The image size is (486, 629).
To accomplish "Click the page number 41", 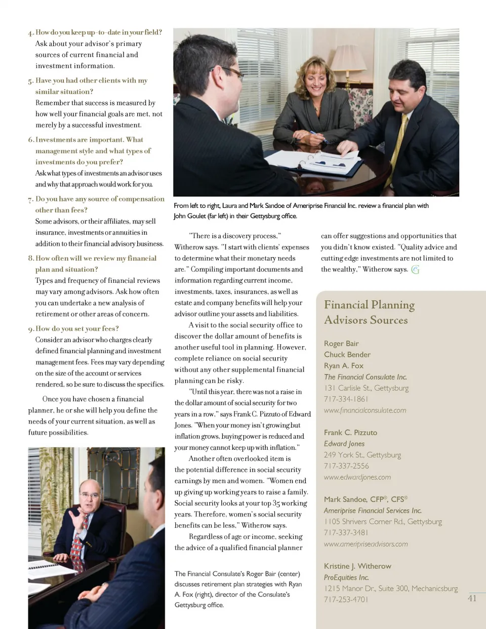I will click(x=472, y=598).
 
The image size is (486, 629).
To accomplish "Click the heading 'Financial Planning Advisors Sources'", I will click(x=369, y=312).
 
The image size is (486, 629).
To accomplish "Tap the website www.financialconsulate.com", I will click(x=365, y=410).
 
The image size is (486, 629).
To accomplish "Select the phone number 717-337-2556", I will click(x=346, y=466).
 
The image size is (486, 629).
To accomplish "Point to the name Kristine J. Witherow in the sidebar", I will click(x=357, y=566).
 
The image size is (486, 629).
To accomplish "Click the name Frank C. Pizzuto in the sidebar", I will click(x=350, y=433).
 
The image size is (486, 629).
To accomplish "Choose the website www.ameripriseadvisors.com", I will click(x=366, y=544).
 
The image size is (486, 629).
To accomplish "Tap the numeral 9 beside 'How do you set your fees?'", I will click(x=31, y=329).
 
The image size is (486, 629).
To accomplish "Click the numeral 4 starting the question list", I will click(x=31, y=33).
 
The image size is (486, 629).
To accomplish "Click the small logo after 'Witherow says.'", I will click(x=416, y=270).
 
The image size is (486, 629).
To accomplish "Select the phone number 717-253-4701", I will click(x=346, y=600).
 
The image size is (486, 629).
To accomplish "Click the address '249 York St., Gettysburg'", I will click(x=362, y=455).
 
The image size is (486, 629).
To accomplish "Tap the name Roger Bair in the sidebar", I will click(x=341, y=344).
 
